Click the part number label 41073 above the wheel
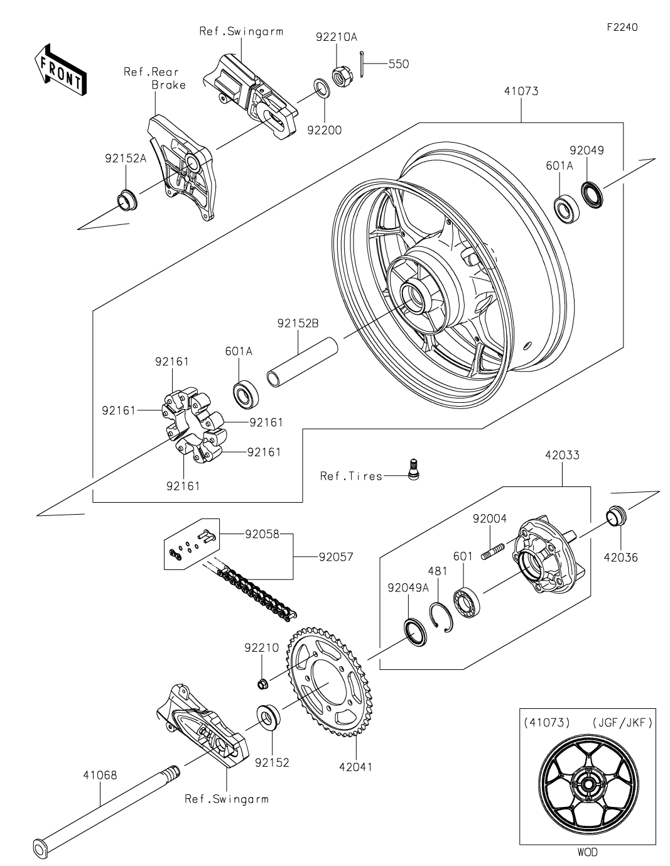point(521,91)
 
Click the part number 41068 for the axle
point(99,775)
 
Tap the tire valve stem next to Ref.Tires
point(413,469)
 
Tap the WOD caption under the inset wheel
point(586,852)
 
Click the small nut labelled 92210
point(264,682)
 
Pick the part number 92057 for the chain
point(336,557)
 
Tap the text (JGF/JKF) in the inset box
point(622,723)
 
